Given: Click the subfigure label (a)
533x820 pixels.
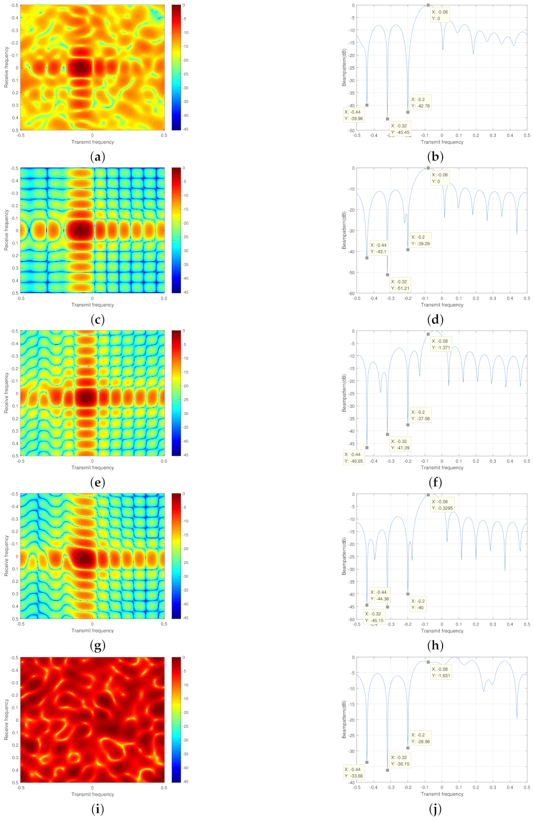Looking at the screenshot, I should coord(97,157).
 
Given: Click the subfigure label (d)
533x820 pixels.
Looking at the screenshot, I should coord(434,319).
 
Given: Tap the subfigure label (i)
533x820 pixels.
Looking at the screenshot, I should coord(97,809).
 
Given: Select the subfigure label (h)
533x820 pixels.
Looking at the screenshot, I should coord(434,645).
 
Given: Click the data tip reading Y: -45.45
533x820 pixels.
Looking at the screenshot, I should coord(400,129).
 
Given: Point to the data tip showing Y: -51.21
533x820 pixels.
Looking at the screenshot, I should coord(400,285).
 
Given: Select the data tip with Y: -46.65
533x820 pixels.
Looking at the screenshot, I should coord(354,458).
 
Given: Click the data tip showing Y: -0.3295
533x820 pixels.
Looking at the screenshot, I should coord(443,505).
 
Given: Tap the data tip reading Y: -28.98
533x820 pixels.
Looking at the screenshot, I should coord(420,738).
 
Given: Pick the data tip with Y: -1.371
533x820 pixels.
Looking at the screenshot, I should coord(441,344).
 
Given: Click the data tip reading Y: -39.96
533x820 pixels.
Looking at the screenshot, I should coord(354,115).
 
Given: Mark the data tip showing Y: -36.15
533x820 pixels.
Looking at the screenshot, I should coord(400,761).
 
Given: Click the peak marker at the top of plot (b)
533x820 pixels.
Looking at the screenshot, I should coord(428,5).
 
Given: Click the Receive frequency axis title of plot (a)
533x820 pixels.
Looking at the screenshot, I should coord(6,67).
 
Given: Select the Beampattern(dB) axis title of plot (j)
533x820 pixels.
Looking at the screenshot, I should coord(344,719).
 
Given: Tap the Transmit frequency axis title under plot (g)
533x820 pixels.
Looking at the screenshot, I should coord(93,630).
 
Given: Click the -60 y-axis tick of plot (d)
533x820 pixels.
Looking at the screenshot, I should coord(351,293).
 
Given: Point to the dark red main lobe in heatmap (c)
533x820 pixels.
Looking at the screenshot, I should coord(81,231).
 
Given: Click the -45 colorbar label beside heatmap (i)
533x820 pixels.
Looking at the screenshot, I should coord(184,781).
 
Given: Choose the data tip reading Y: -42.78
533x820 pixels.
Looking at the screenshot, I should coord(420,102).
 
